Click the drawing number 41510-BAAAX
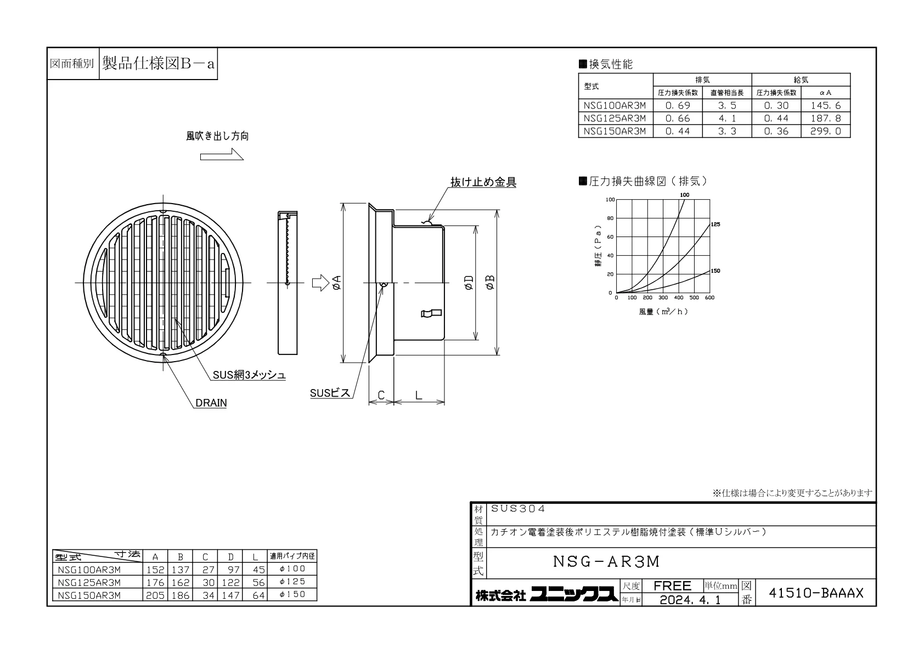[x=816, y=593]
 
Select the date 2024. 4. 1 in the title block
[x=690, y=600]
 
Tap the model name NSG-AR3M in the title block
[x=606, y=561]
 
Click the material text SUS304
[x=518, y=509]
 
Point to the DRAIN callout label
[x=211, y=403]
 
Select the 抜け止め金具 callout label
[x=483, y=182]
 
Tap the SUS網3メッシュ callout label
[x=249, y=375]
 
